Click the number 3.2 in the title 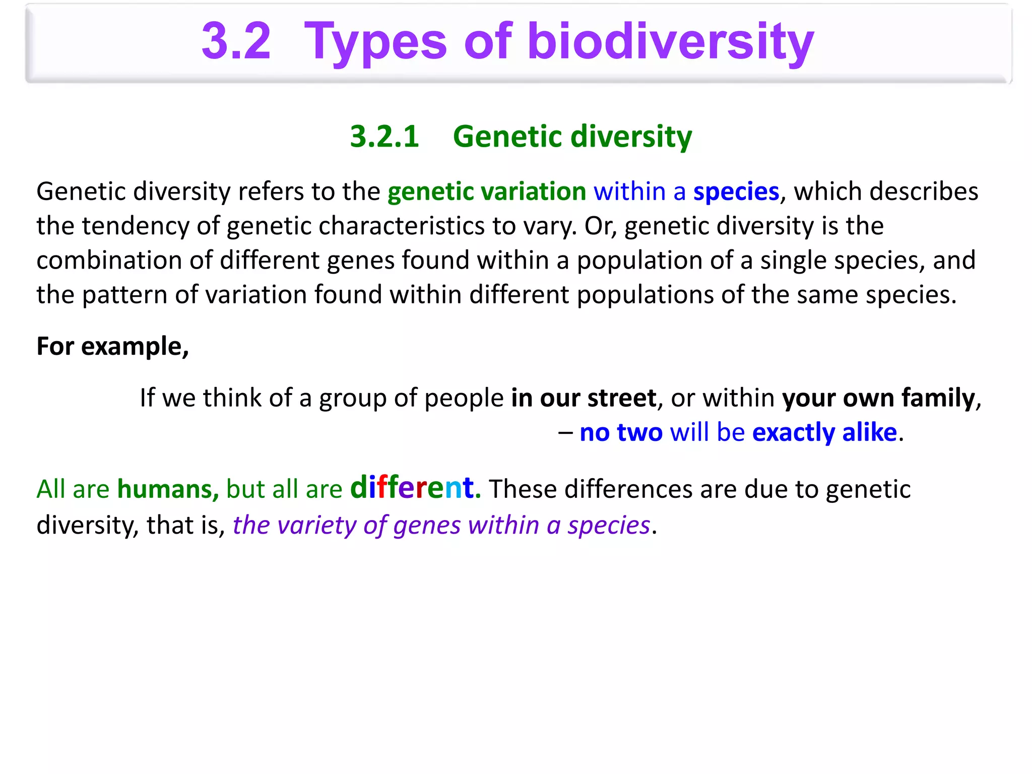(x=236, y=41)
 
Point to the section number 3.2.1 (x=384, y=137)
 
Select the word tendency (x=135, y=226)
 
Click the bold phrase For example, (x=112, y=347)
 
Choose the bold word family (x=938, y=398)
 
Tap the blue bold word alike (x=869, y=432)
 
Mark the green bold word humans (x=167, y=489)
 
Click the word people (x=464, y=399)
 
